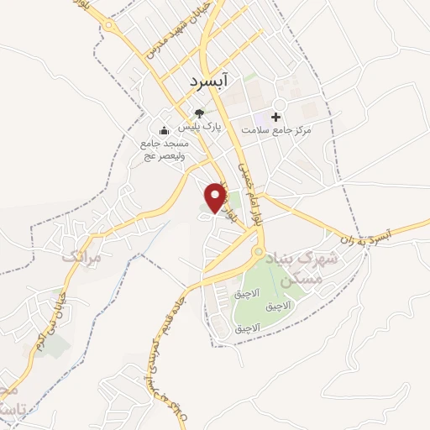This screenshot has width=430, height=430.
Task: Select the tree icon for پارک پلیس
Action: coord(199,113)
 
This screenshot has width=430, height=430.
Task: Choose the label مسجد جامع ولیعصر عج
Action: coord(165,149)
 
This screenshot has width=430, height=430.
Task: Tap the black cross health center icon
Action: coord(275,116)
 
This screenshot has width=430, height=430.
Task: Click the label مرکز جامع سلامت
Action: coord(276,131)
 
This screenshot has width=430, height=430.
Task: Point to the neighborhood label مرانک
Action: coord(81,258)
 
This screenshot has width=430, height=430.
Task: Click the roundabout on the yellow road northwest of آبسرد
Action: coord(110,24)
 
